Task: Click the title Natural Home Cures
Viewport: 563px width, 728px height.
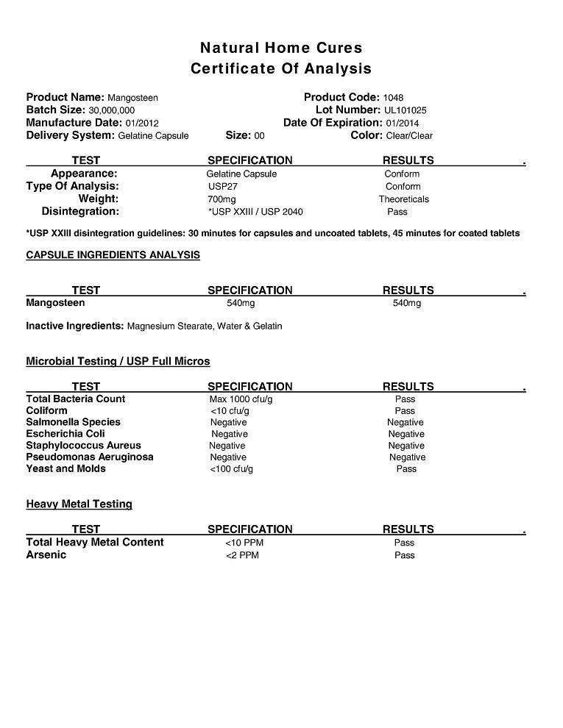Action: pos(281,48)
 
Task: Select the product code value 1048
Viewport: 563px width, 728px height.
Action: pos(393,98)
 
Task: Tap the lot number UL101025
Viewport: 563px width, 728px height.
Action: pos(405,110)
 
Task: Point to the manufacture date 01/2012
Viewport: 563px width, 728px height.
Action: pos(142,123)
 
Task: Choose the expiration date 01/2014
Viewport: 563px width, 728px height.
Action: pos(402,123)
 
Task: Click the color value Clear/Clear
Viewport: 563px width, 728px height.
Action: pos(409,136)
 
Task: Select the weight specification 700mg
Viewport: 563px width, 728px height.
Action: pos(222,199)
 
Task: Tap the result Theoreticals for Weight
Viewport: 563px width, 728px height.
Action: pos(403,199)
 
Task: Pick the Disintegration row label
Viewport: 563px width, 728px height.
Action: pos(80,212)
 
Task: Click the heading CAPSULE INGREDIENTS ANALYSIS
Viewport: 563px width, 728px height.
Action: pos(113,255)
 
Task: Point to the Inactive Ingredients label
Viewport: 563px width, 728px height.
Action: pos(74,326)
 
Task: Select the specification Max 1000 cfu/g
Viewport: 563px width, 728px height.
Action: pos(241,399)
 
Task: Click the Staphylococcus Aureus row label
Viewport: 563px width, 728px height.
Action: pos(83,446)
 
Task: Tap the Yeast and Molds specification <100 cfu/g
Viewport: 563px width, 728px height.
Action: pos(231,469)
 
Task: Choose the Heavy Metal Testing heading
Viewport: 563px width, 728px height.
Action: pos(79,504)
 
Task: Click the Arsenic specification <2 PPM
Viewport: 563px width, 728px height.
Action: pos(242,555)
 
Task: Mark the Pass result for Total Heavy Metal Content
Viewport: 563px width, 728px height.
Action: pos(404,543)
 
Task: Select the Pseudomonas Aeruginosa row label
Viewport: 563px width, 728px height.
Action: pos(89,457)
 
